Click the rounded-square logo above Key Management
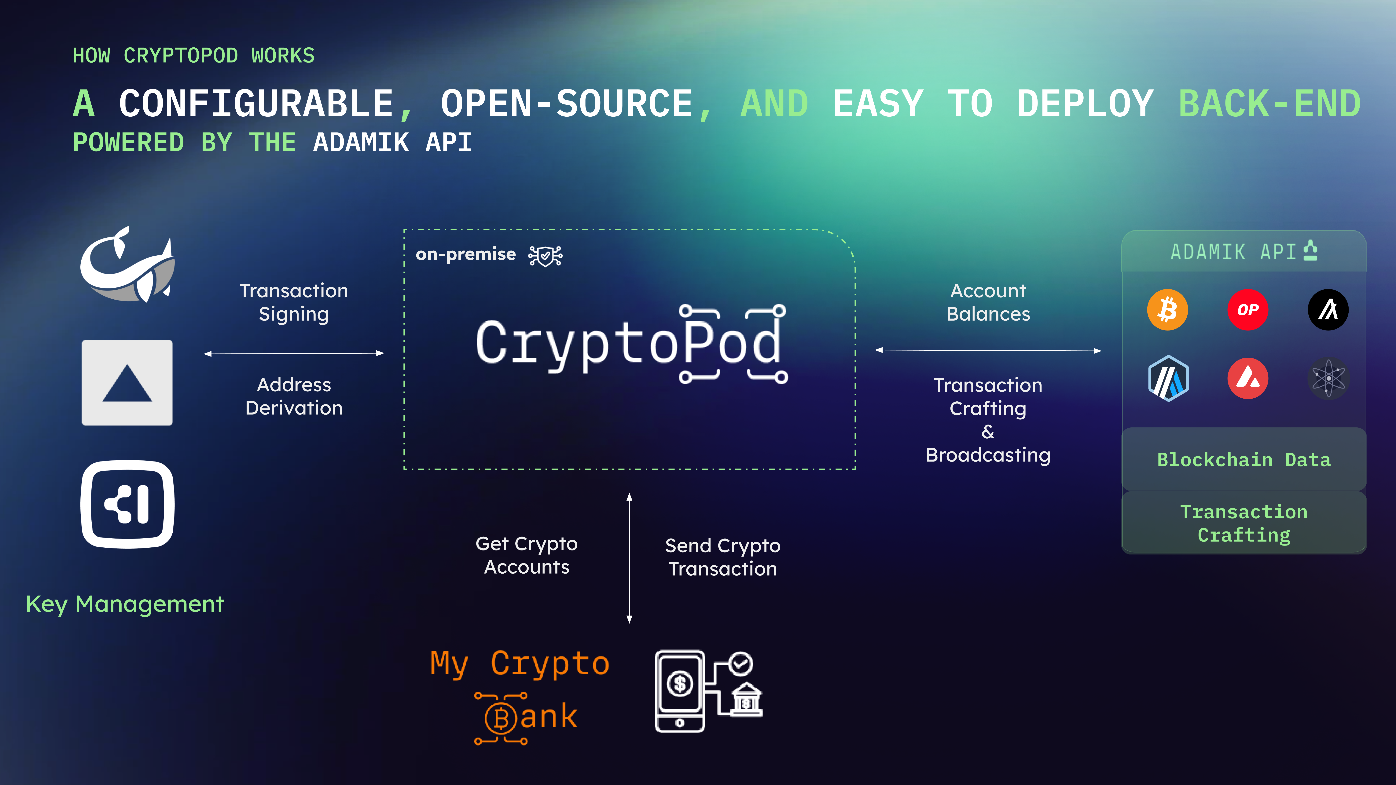point(127,504)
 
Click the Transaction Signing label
point(294,302)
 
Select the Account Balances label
point(988,302)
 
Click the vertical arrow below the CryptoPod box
point(629,558)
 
